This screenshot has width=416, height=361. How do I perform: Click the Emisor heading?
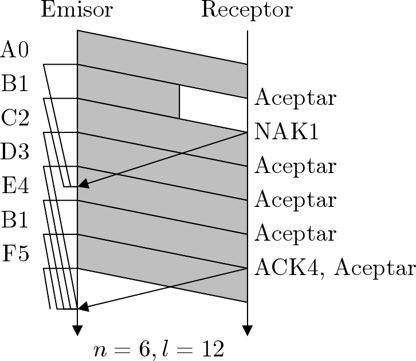pyautogui.click(x=77, y=10)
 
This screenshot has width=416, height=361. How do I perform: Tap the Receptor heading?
pyautogui.click(x=246, y=10)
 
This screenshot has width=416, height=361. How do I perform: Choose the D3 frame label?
pyautogui.click(x=15, y=152)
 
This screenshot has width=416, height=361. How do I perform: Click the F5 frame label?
pyautogui.click(x=15, y=253)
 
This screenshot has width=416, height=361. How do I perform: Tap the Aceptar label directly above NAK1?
pyautogui.click(x=295, y=99)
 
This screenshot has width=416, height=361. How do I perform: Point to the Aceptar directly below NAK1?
pyautogui.click(x=295, y=166)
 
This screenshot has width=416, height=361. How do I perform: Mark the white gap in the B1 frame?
pyautogui.click(x=213, y=102)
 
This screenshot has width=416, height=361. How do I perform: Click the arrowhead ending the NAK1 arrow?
pyautogui.click(x=83, y=184)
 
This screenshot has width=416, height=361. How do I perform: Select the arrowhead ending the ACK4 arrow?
pyautogui.click(x=83, y=308)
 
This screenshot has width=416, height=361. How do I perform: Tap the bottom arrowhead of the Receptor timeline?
pyautogui.click(x=247, y=331)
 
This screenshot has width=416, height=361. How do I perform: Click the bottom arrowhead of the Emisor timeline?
pyautogui.click(x=77, y=331)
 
